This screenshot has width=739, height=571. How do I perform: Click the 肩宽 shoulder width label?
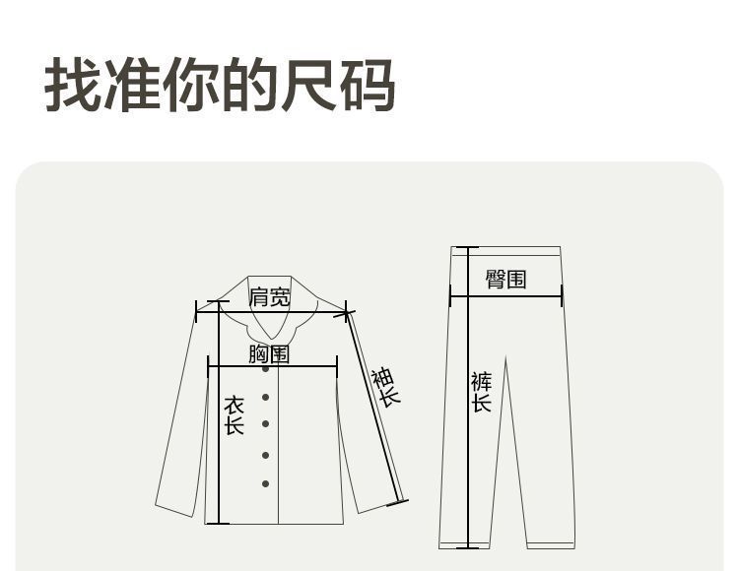(x=270, y=296)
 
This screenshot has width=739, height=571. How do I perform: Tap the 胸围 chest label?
(x=269, y=353)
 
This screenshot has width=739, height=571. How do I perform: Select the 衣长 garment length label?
(x=234, y=415)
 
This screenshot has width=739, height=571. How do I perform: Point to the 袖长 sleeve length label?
(x=385, y=387)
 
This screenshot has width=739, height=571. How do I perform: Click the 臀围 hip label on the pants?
(x=505, y=279)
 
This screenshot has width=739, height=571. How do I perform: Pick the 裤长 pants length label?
(x=481, y=392)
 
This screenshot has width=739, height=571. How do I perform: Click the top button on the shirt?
(x=265, y=368)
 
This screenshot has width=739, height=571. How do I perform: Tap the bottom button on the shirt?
(x=265, y=483)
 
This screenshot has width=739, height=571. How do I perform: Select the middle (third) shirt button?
(x=265, y=424)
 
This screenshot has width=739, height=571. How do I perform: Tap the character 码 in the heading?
(x=368, y=87)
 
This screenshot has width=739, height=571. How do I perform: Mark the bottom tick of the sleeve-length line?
(x=397, y=503)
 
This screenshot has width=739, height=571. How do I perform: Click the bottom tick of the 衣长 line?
(x=218, y=524)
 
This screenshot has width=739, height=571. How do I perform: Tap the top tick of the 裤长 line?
(x=466, y=247)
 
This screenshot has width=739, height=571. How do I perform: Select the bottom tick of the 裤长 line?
(x=466, y=546)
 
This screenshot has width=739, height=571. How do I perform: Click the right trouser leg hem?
(x=550, y=544)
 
